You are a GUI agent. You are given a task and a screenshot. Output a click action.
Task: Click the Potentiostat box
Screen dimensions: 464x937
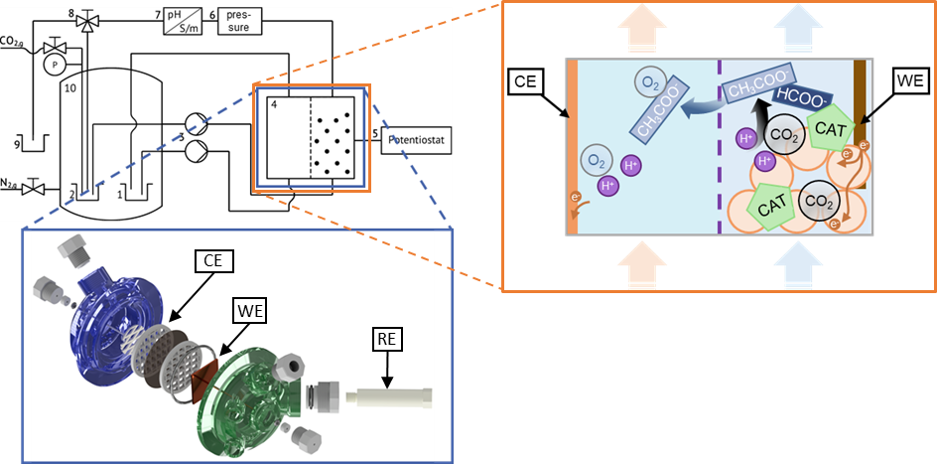point(417,140)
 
